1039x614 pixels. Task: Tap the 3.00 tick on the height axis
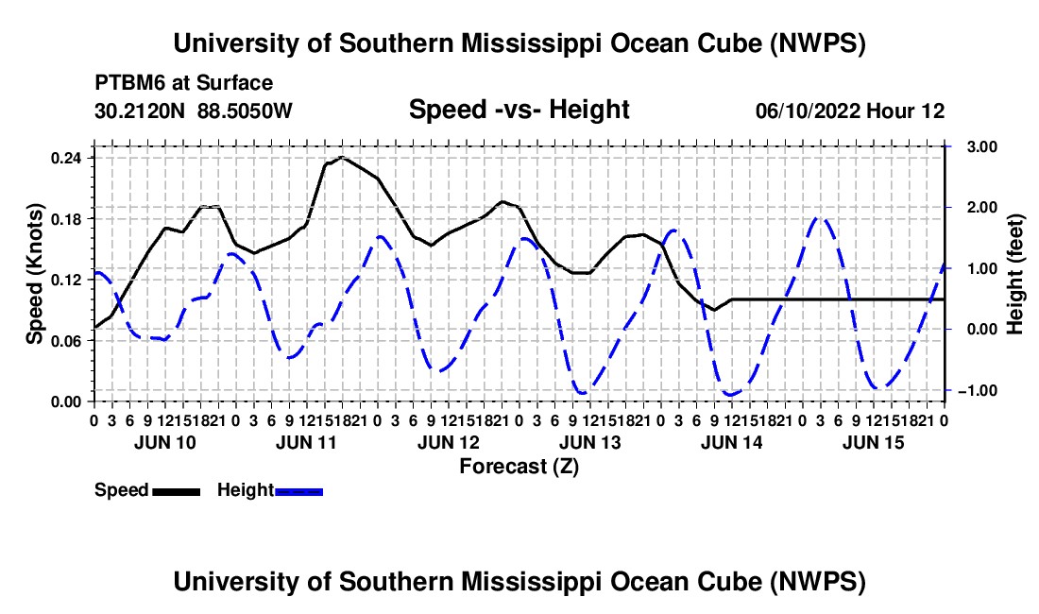point(981,146)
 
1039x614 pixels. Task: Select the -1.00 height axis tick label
point(978,390)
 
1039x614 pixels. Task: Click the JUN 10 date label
point(165,442)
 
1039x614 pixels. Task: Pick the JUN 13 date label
point(589,442)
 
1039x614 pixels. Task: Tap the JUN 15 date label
point(874,442)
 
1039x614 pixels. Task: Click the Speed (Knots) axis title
point(34,274)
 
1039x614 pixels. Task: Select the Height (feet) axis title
point(1014,274)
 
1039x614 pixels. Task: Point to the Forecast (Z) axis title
point(519,467)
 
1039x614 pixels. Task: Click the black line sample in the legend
point(177,491)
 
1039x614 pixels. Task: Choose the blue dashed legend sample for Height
point(298,491)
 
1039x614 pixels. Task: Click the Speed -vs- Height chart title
point(519,110)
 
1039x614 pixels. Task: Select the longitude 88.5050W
point(245,111)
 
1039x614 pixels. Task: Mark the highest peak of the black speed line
point(342,158)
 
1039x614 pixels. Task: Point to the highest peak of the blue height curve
point(820,217)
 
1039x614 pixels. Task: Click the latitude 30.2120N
point(140,111)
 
